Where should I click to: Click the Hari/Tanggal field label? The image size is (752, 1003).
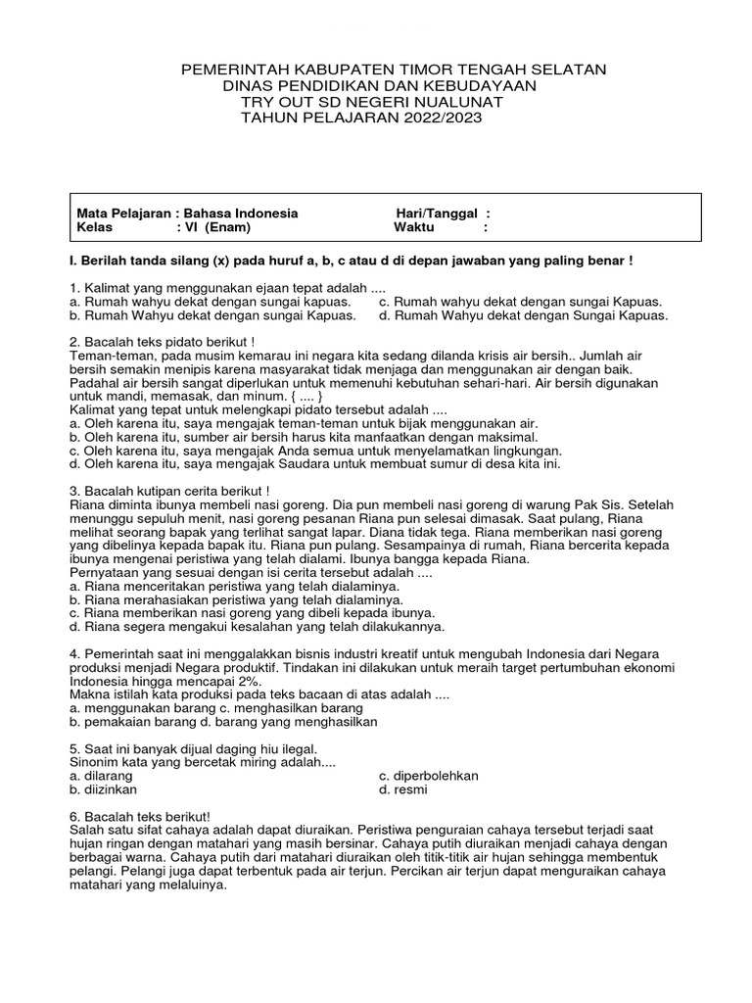pos(436,213)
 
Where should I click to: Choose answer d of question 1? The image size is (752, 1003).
pos(524,315)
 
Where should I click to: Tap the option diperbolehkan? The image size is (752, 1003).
pos(429,775)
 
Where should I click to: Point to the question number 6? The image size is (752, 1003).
pos(74,816)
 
